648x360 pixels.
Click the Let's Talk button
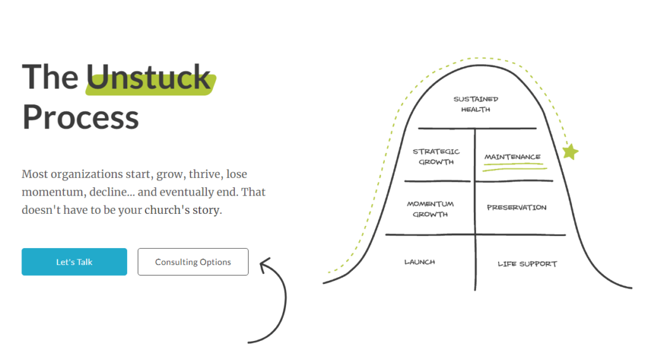74,262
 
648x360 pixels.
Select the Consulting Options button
193,262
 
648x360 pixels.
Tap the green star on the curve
570,151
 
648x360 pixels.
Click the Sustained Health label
476,104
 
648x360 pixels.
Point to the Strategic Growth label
436,156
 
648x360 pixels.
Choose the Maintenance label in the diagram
512,157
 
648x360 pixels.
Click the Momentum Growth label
430,209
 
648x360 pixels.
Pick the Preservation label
516,208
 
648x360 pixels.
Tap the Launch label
420,262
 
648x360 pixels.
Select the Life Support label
527,264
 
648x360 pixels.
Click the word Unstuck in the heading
149,78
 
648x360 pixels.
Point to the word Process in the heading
80,117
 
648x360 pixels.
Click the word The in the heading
50,78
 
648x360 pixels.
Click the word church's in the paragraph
168,211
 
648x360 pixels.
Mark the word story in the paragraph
206,211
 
